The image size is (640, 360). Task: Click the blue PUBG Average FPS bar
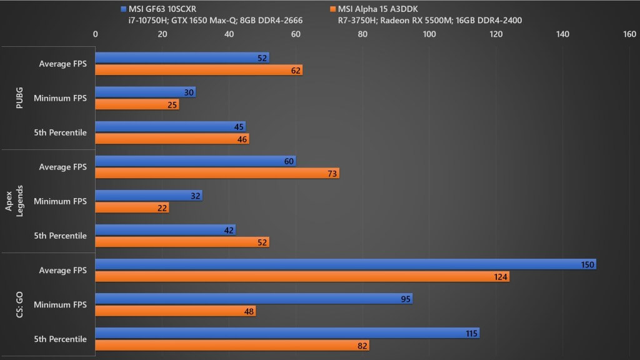(x=182, y=58)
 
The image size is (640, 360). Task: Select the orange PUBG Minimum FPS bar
(x=137, y=105)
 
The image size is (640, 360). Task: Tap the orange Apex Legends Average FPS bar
(x=217, y=174)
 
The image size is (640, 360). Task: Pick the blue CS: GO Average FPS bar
(x=346, y=264)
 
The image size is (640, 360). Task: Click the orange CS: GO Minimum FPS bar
(x=176, y=311)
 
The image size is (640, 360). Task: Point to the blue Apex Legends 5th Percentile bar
(x=165, y=230)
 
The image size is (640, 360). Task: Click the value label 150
(x=587, y=265)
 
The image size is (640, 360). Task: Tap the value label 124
(x=501, y=277)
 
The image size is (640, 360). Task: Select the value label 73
(x=332, y=174)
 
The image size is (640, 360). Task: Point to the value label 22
(x=162, y=208)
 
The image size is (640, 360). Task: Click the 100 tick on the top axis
(x=429, y=34)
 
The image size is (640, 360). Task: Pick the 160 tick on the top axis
(x=629, y=34)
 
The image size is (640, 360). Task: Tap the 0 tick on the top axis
(x=96, y=34)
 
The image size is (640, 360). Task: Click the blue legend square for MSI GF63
(x=124, y=9)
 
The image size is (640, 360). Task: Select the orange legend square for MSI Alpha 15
(x=332, y=9)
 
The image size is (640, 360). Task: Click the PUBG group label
(x=19, y=98)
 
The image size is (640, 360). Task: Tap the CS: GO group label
(x=19, y=304)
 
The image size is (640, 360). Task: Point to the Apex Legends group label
(x=14, y=201)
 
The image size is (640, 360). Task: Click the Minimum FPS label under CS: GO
(x=60, y=304)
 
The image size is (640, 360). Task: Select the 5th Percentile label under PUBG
(x=60, y=132)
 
